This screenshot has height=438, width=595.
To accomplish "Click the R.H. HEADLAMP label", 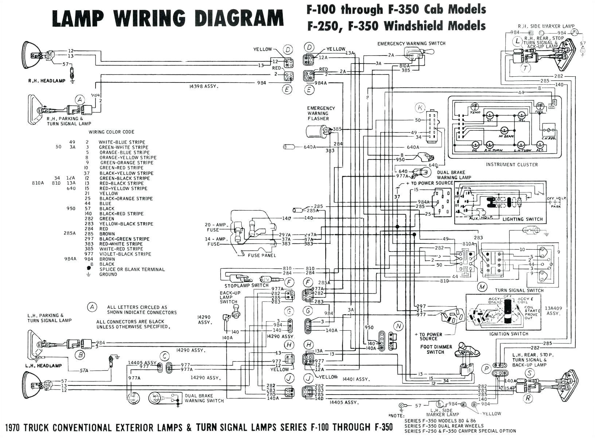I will pyautogui.click(x=47, y=81).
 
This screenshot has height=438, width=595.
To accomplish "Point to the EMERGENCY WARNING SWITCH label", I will pyautogui.click(x=411, y=43).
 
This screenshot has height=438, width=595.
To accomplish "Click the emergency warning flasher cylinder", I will pyautogui.click(x=315, y=132).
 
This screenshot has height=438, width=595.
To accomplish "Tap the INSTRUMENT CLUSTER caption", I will pyautogui.click(x=512, y=165).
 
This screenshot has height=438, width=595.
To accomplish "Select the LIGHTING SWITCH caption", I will pyautogui.click(x=522, y=219).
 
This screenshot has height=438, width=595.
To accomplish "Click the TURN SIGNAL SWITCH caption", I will pyautogui.click(x=519, y=291).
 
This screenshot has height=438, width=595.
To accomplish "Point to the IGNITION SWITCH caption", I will pyautogui.click(x=509, y=334).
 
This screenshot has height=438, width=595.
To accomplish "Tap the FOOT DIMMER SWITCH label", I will pyautogui.click(x=436, y=349).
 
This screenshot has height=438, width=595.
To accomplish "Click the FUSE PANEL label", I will pyautogui.click(x=261, y=255).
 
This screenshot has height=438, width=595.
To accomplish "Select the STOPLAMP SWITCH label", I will pyautogui.click(x=246, y=285).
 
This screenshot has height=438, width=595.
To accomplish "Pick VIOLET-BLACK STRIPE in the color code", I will pyautogui.click(x=125, y=254).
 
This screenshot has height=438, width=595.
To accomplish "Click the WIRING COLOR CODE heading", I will pyautogui.click(x=111, y=132).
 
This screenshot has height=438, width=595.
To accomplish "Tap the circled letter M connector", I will pyautogui.click(x=482, y=287).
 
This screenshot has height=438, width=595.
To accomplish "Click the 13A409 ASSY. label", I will pyautogui.click(x=554, y=311).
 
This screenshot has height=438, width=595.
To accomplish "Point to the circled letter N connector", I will pyautogui.click(x=398, y=326).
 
